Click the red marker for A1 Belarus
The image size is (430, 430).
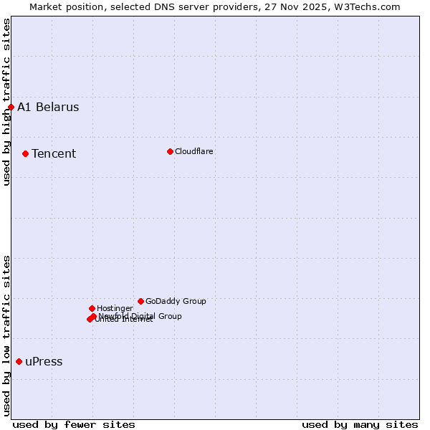tap(11, 107)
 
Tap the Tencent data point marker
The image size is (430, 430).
tap(25, 153)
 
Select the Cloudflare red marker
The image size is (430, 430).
tap(170, 151)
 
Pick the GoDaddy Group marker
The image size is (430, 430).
tap(140, 301)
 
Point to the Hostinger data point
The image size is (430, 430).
tap(92, 308)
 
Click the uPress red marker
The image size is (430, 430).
tap(19, 361)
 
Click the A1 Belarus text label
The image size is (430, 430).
tap(48, 107)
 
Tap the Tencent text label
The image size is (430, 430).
tap(54, 153)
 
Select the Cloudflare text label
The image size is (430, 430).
tap(193, 151)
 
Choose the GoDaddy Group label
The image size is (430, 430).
tap(176, 301)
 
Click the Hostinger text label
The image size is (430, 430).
tap(115, 308)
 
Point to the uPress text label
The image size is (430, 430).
tap(44, 361)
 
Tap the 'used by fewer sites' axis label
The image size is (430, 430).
tap(74, 424)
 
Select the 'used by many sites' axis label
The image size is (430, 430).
tap(360, 424)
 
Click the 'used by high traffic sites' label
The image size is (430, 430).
tap(6, 102)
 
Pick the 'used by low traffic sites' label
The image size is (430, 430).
tap(6, 335)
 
